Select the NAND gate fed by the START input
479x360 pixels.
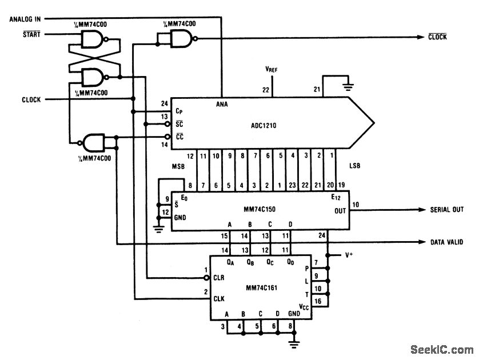(x=92, y=39)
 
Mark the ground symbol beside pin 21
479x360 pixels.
(x=346, y=86)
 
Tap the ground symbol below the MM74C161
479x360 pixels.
(x=293, y=343)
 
